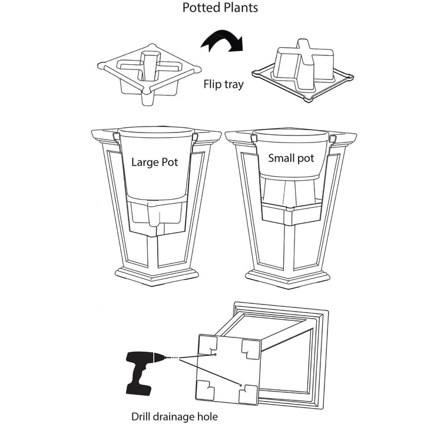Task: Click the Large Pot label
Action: click(x=155, y=162)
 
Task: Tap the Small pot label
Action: click(x=291, y=158)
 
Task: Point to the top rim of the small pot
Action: click(x=291, y=135)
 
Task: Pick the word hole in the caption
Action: click(x=207, y=417)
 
